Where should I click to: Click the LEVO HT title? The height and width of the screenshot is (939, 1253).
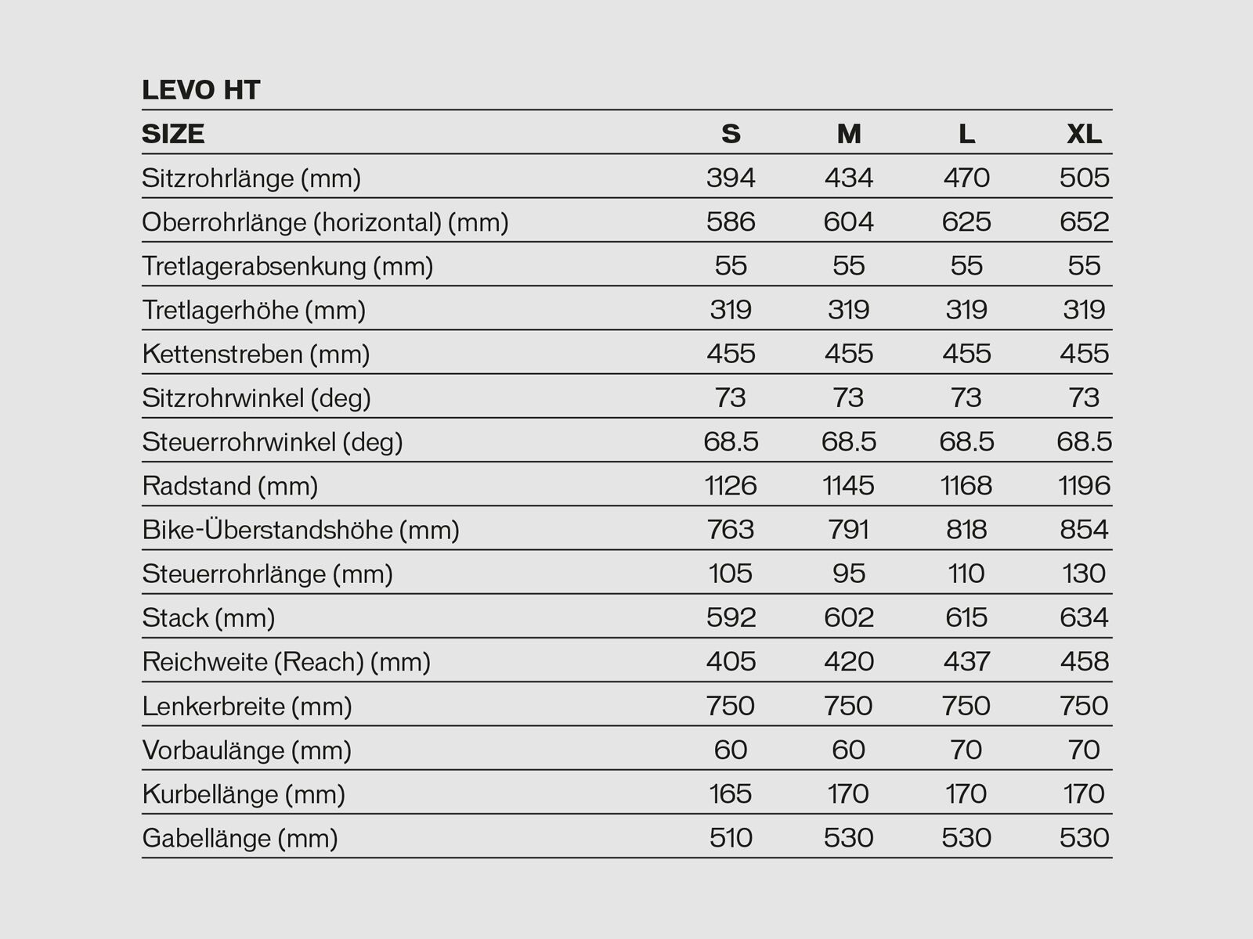pyautogui.click(x=200, y=91)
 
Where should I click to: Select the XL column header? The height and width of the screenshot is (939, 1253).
pyautogui.click(x=1084, y=135)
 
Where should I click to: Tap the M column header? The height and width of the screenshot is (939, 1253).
pyautogui.click(x=848, y=135)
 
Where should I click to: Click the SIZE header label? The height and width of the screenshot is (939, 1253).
pyautogui.click(x=173, y=135)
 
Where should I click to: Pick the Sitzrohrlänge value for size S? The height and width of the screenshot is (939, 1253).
pyautogui.click(x=731, y=178)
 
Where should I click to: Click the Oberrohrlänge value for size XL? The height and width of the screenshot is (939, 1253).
pyautogui.click(x=1084, y=222)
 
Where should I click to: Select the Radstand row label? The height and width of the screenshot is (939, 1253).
pyautogui.click(x=229, y=486)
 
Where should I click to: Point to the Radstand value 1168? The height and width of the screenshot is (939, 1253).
pyautogui.click(x=966, y=486)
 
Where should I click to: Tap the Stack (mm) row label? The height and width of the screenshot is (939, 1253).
pyautogui.click(x=208, y=618)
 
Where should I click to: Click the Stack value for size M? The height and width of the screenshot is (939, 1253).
pyautogui.click(x=848, y=618)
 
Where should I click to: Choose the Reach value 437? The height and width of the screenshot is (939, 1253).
pyautogui.click(x=966, y=662)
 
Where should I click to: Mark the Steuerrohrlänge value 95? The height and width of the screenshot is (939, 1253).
pyautogui.click(x=848, y=574)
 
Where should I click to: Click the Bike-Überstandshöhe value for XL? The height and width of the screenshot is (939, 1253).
pyautogui.click(x=1084, y=530)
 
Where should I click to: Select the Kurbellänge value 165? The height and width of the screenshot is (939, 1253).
pyautogui.click(x=731, y=794)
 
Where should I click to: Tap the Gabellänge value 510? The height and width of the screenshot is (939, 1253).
pyautogui.click(x=731, y=838)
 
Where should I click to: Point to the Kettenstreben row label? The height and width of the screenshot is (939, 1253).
pyautogui.click(x=255, y=354)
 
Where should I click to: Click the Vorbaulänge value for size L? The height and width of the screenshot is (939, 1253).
pyautogui.click(x=966, y=750)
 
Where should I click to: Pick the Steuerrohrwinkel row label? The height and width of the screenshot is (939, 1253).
pyautogui.click(x=272, y=442)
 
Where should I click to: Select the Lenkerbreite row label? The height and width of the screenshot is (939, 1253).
pyautogui.click(x=247, y=707)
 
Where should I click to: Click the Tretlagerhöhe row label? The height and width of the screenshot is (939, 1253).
pyautogui.click(x=254, y=311)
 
